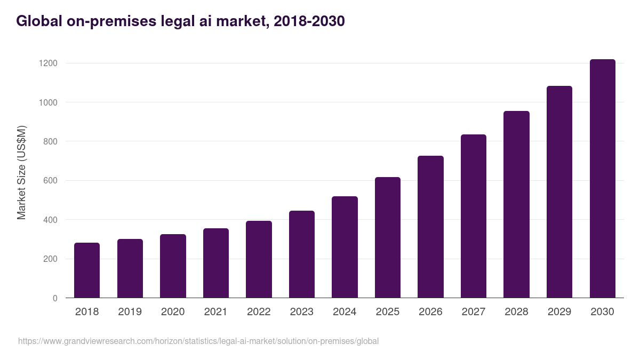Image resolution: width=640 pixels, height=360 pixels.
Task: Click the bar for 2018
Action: (87, 270)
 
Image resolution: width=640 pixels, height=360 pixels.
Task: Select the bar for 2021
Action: (216, 263)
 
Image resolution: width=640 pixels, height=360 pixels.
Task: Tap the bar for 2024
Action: (345, 247)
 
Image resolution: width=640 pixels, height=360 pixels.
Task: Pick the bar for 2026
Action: (430, 227)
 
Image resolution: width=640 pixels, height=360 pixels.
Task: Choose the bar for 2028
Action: (516, 204)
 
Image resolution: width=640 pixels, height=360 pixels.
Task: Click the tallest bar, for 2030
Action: (602, 179)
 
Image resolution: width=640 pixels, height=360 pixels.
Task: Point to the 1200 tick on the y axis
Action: (48, 63)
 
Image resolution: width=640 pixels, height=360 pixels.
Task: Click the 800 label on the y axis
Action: (50, 141)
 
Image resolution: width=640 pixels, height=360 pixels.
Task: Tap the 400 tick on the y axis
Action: (50, 220)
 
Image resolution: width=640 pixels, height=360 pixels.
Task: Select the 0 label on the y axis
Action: (55, 298)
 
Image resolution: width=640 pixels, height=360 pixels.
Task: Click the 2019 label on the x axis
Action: (130, 312)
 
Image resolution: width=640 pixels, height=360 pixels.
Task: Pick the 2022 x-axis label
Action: (259, 312)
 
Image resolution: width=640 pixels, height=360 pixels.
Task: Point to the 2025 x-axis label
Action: (387, 312)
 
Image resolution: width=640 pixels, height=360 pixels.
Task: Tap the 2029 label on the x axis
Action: (559, 312)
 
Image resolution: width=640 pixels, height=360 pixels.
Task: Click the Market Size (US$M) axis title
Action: (21, 172)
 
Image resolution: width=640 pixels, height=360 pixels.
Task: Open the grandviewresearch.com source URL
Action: (198, 341)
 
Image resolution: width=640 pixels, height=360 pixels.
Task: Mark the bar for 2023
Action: (302, 254)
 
